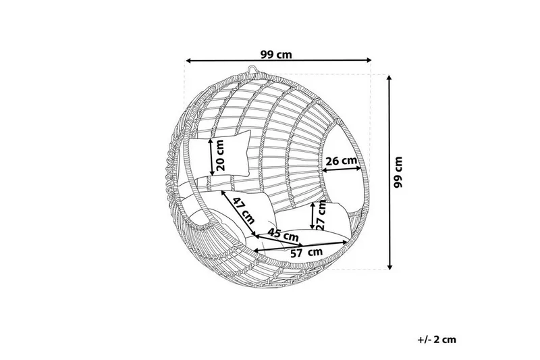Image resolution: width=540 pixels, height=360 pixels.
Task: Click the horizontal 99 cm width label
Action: (x=276, y=55)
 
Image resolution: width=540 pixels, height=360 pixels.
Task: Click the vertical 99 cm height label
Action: (x=398, y=172)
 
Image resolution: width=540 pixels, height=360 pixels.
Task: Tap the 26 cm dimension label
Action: (x=342, y=161)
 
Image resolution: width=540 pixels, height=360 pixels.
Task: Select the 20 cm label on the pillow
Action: (x=220, y=155)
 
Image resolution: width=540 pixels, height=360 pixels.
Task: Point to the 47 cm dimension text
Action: (x=244, y=211)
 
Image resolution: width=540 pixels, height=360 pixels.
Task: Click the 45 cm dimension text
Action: (x=283, y=235)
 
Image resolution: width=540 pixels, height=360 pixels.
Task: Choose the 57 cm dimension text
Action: (x=306, y=253)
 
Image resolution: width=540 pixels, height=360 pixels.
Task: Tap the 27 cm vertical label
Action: (x=321, y=215)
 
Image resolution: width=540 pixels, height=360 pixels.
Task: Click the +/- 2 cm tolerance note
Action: (x=437, y=340)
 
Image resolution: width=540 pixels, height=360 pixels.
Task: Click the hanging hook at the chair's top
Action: (x=252, y=70)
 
